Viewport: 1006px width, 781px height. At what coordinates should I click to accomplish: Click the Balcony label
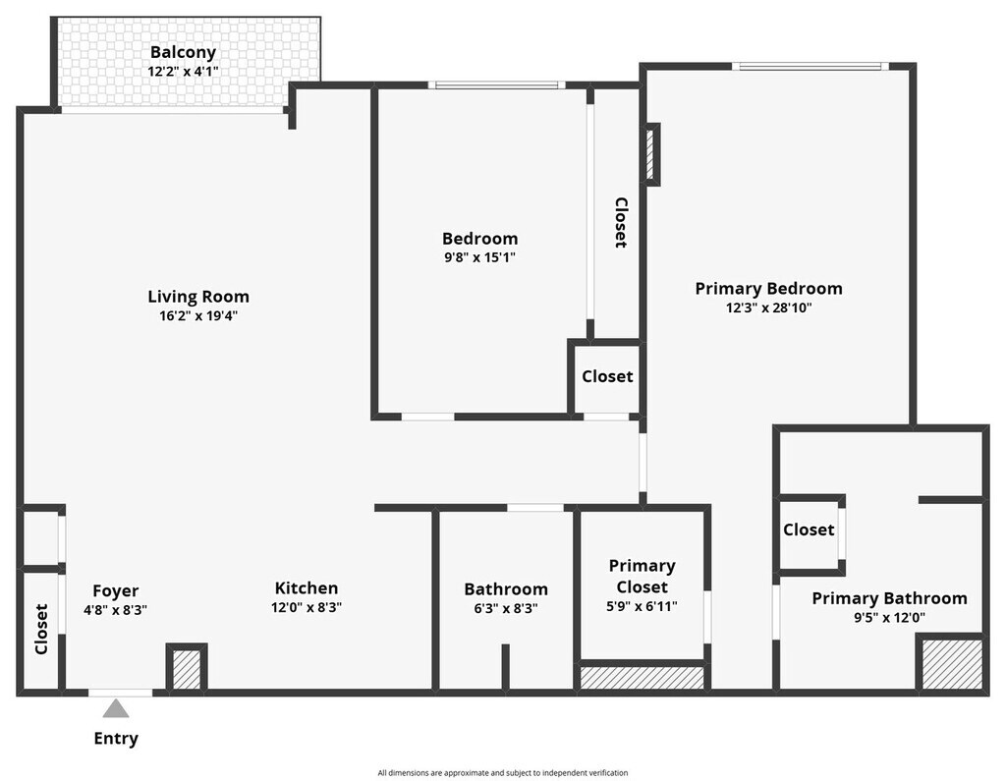pos(183,52)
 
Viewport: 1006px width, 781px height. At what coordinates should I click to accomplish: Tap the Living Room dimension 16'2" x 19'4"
pos(198,316)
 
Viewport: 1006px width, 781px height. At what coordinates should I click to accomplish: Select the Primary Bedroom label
pos(768,289)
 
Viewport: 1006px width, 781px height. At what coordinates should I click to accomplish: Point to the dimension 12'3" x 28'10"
pos(768,307)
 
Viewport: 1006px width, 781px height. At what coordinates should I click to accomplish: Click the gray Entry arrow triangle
pos(117,708)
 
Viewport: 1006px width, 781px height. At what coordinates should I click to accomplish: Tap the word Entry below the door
pos(116,739)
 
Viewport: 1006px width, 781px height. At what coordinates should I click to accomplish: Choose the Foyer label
pos(116,591)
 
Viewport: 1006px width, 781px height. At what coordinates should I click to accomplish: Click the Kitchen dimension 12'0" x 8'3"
pos(307,608)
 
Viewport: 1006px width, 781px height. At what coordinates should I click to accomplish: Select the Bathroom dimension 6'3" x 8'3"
pos(506,608)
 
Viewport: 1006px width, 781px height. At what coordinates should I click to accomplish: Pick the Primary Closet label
pos(643,577)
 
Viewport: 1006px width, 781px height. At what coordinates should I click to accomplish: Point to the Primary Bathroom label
pos(889,598)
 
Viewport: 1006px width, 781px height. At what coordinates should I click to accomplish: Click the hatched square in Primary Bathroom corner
pos(951,664)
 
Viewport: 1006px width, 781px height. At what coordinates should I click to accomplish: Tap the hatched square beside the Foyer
pos(187,669)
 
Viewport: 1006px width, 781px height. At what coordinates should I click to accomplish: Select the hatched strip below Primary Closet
pos(643,678)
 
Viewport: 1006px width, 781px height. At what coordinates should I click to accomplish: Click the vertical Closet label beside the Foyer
pos(41,629)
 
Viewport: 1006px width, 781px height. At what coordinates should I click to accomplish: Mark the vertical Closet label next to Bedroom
pos(621,223)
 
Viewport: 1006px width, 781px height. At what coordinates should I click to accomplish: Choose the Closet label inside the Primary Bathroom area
pos(809,530)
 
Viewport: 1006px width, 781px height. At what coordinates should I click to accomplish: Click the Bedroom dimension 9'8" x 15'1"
pos(479,257)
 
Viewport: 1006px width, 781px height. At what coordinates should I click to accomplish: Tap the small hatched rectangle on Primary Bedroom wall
pos(650,153)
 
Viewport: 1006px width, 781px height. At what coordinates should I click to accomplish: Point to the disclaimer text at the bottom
pos(503,773)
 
